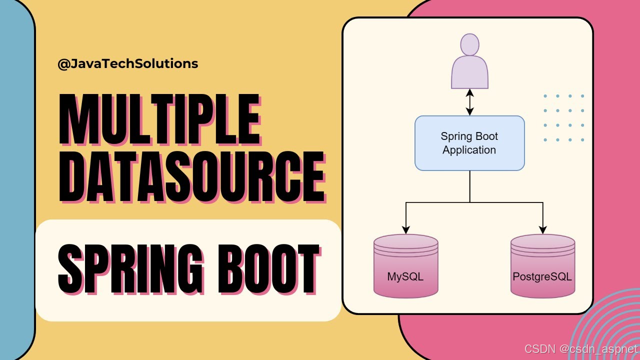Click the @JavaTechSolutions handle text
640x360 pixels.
128,64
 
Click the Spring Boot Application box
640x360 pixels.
469,143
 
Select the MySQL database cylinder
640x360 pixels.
405,266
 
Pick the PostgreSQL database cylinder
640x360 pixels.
542,266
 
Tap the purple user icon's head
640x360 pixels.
469,44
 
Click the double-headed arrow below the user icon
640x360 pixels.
469,102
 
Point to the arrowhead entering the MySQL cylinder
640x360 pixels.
405,230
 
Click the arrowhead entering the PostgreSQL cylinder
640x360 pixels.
542,230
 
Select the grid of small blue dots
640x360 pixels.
563,118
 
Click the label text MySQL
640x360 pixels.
405,276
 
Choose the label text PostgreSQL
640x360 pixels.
542,276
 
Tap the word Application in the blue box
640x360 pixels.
469,150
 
